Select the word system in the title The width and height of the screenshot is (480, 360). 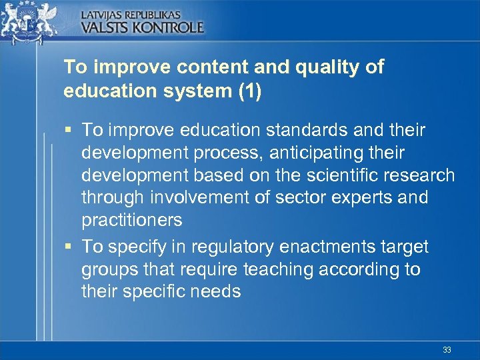196,91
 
